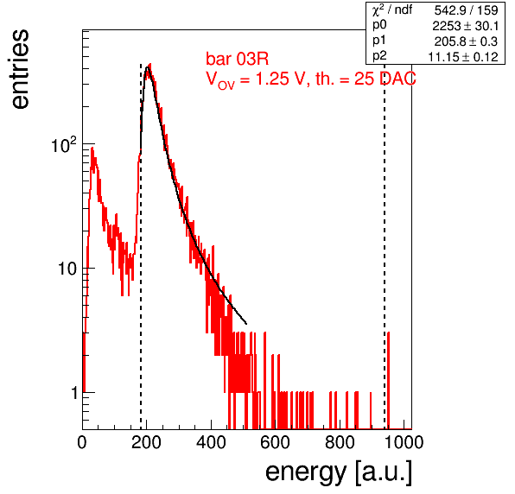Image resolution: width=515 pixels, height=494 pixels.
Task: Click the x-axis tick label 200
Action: click(147, 442)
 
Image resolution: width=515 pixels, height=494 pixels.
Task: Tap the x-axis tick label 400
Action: click(211, 442)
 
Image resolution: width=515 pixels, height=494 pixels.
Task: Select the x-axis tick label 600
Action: click(276, 442)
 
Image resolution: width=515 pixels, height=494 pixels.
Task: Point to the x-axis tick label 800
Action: click(340, 442)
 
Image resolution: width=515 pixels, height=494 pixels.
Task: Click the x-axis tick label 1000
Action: click(404, 442)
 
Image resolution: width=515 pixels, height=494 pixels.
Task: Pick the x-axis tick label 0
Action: click(82, 442)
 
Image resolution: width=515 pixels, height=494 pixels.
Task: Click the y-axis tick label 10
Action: click(67, 269)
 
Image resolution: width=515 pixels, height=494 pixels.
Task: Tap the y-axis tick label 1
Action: click(74, 393)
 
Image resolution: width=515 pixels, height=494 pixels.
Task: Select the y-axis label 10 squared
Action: click(64, 144)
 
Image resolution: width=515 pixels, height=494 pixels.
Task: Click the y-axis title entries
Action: click(21, 69)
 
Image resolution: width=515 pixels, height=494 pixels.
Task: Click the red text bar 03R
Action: click(237, 59)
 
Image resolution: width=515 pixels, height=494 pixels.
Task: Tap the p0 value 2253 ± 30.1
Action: click(466, 26)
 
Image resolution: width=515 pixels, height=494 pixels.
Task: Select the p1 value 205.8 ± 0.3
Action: click(466, 41)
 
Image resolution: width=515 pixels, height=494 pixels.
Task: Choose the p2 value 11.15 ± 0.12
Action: click(463, 57)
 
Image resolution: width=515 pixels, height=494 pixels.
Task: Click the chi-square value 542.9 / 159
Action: click(466, 10)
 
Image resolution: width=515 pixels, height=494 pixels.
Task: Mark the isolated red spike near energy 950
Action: click(388, 380)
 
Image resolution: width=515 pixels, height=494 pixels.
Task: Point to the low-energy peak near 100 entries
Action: click(92, 149)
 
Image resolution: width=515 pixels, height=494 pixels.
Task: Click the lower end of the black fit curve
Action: click(246, 324)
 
